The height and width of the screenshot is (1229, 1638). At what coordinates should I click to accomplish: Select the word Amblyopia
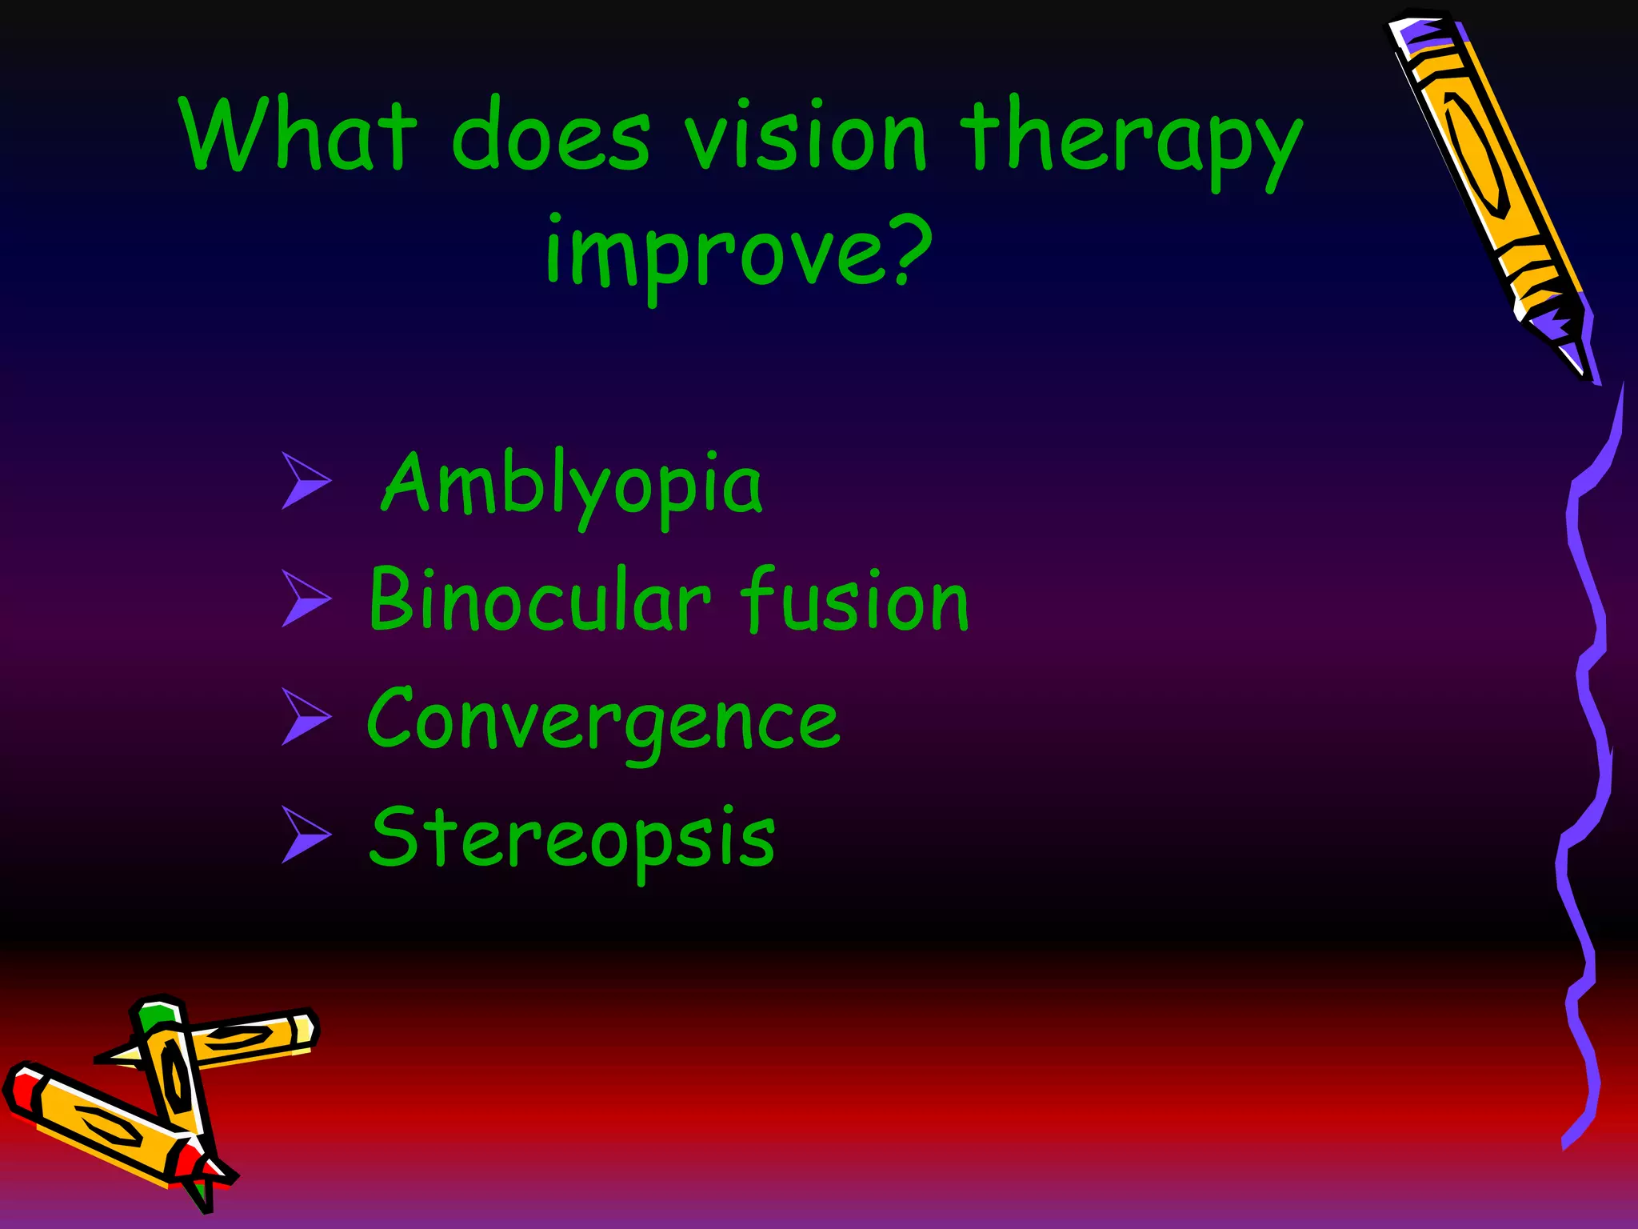pos(571,485)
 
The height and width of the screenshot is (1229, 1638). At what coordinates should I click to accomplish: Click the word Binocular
pos(539,600)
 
